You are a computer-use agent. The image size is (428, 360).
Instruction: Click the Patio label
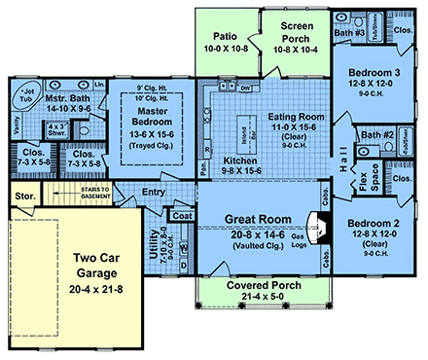226,33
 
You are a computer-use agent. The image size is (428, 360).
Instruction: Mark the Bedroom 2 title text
374,223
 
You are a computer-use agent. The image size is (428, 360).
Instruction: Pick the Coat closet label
182,217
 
